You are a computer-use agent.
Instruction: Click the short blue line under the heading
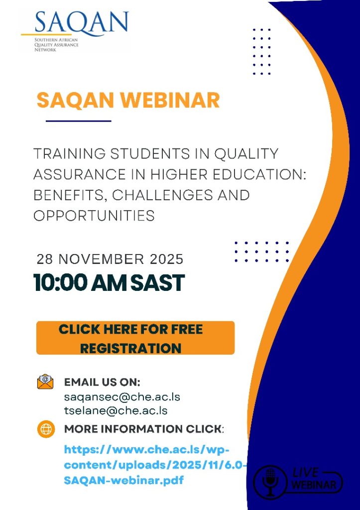78,121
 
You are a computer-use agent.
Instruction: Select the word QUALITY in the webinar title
246,153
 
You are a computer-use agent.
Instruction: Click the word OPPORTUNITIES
94,216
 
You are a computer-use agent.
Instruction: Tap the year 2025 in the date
167,259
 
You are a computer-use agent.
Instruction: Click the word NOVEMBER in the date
101,259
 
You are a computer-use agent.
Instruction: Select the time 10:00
60,283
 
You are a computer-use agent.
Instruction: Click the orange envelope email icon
45,382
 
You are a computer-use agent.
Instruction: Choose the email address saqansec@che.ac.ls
122,397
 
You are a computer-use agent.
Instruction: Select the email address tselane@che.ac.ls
116,410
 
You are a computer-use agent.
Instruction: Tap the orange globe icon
46,429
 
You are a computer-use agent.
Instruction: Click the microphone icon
270,482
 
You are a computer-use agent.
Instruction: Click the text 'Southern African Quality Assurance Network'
57,44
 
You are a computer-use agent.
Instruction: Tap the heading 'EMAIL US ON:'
102,382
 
